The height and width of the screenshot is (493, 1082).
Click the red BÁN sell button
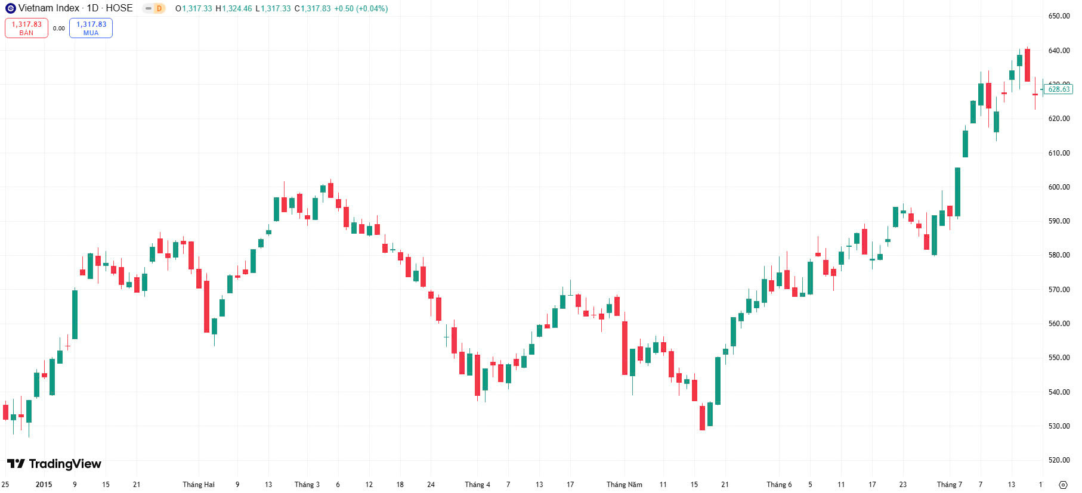click(26, 28)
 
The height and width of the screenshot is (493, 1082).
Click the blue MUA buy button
click(91, 28)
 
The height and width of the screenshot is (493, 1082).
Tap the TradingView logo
click(54, 464)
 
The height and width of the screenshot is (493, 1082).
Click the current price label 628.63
click(1059, 89)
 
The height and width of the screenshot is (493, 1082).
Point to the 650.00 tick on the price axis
click(1059, 16)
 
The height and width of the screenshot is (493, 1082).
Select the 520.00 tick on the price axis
click(1059, 460)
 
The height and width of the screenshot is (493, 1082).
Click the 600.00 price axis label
click(1059, 187)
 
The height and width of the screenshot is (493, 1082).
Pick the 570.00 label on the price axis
click(1059, 290)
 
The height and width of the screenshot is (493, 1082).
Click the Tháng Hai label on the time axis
click(198, 485)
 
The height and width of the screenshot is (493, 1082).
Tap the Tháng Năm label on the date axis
click(624, 485)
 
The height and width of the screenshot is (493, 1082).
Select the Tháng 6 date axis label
click(779, 485)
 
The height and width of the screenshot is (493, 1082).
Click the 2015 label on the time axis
click(44, 485)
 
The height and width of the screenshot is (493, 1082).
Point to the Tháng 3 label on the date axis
click(307, 485)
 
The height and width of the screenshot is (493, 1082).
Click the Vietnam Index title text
click(48, 8)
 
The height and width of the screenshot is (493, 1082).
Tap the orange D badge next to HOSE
click(159, 8)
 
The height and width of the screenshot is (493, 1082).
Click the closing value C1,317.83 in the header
click(313, 8)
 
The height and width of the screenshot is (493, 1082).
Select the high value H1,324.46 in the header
click(234, 8)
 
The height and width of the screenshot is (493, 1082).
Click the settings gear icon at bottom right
click(1063, 485)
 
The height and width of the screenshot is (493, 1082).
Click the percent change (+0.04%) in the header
click(372, 8)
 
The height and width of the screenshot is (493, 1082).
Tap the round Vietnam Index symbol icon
click(10, 8)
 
